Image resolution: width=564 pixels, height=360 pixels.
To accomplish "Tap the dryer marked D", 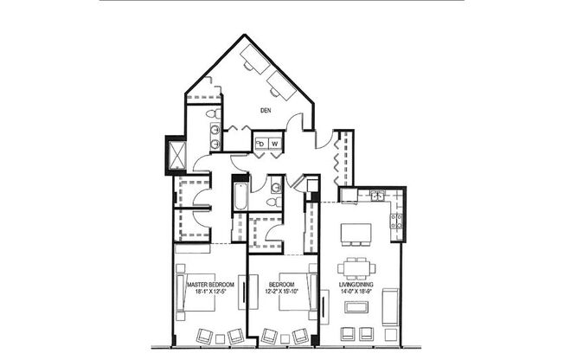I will [x=260, y=143].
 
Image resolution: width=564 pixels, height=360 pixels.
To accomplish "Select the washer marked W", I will [x=274, y=143].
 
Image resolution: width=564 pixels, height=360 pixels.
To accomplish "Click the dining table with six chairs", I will [x=357, y=267].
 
